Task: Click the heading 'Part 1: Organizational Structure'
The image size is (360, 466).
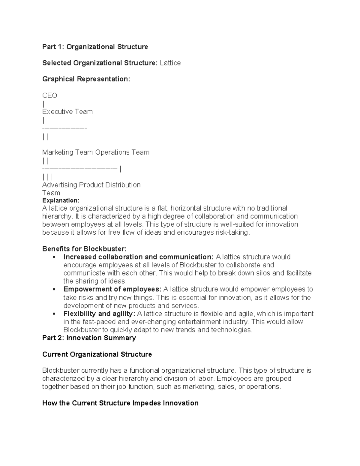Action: pos(95,47)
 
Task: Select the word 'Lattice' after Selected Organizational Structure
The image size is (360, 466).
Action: pos(170,63)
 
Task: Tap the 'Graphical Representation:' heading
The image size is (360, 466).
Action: pos(86,79)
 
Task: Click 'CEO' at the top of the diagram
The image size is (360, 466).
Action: pos(49,95)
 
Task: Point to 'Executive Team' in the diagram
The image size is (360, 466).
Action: pos(67,112)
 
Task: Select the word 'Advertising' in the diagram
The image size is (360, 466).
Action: pos(59,185)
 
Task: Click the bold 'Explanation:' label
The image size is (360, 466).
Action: pos(61,200)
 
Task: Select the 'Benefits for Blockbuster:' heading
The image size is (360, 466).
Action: pos(84,249)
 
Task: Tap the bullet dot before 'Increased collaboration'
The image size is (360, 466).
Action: pos(54,257)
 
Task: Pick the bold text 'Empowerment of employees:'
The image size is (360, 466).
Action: pos(112,289)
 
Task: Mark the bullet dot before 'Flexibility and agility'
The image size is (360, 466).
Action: pos(54,314)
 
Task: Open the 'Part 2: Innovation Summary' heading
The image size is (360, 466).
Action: pos(89,338)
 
